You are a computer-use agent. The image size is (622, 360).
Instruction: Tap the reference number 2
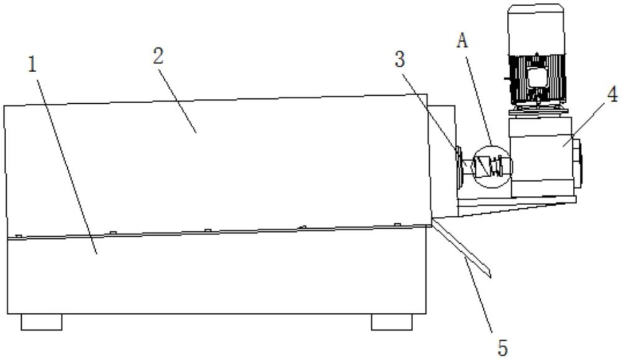(x=159, y=57)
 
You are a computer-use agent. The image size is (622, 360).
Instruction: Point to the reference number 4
(x=612, y=96)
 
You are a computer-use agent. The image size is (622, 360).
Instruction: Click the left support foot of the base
(x=42, y=321)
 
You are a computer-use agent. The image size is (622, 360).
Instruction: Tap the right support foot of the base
(x=391, y=321)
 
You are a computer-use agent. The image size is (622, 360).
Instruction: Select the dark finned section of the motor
(x=536, y=80)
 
